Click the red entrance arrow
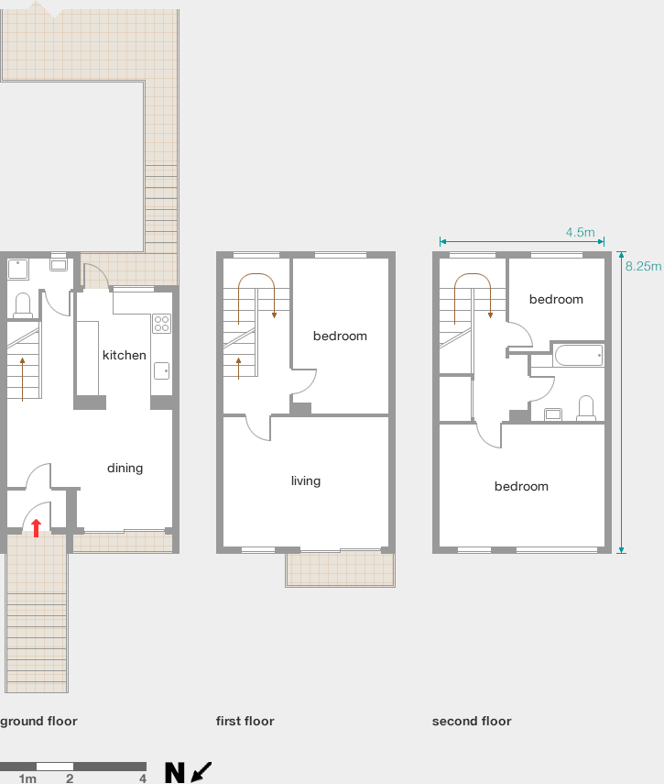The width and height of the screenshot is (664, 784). [x=36, y=528]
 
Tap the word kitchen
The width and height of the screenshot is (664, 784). [x=125, y=355]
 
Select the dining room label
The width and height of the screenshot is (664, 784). [x=125, y=469]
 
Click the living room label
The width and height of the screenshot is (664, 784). [x=306, y=481]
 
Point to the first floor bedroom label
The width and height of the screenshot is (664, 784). [x=340, y=336]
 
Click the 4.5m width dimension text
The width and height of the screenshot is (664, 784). [x=580, y=233]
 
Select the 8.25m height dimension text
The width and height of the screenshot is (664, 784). [x=644, y=266]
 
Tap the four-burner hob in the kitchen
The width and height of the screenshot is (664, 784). [x=161, y=324]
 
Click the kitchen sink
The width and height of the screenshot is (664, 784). [x=161, y=370]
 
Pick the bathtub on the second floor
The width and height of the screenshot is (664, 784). [x=579, y=356]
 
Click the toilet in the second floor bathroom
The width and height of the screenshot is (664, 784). [x=585, y=408]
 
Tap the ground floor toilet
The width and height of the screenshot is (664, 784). [x=23, y=305]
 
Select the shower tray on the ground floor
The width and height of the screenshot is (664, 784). [x=18, y=270]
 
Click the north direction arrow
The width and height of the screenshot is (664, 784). [x=201, y=771]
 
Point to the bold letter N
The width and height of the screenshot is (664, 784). [x=175, y=772]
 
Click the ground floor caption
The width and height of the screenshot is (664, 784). [x=38, y=721]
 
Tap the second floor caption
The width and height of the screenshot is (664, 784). [x=472, y=721]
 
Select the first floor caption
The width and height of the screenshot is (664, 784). [x=245, y=721]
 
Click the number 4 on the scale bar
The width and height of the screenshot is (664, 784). [x=143, y=778]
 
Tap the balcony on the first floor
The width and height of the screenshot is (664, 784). [x=340, y=569]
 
